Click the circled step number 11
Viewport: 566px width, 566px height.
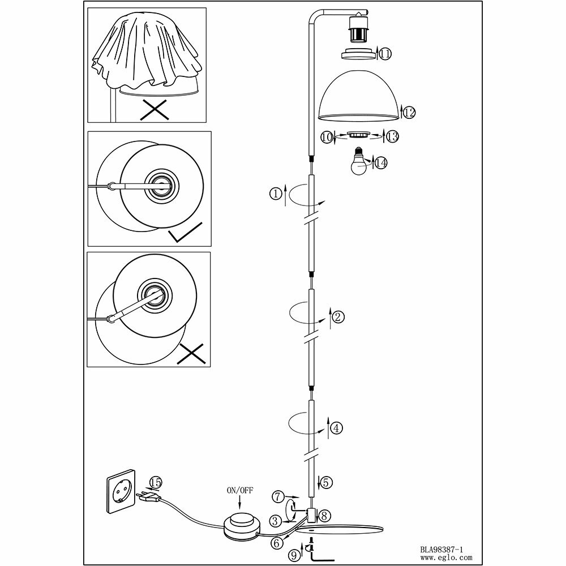385,54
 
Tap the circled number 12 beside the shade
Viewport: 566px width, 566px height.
409,112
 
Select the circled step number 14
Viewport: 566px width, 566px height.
381,163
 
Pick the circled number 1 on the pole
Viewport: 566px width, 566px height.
276,194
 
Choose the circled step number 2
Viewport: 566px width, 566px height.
337,317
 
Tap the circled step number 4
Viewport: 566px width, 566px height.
337,428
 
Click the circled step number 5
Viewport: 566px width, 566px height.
327,482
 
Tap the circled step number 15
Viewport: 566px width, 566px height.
155,483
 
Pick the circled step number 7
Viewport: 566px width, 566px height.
277,497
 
